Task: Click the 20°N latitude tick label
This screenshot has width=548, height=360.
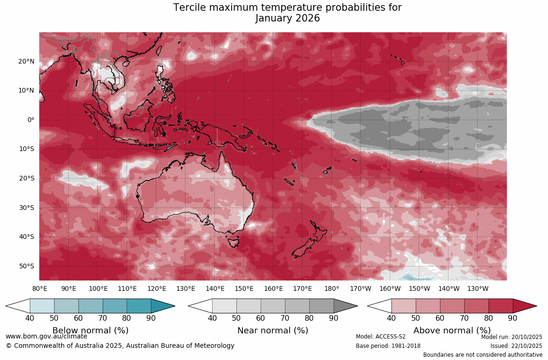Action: tap(27, 61)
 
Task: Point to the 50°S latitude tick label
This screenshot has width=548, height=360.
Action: tap(27, 266)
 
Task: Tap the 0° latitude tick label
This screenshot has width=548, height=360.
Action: tap(31, 120)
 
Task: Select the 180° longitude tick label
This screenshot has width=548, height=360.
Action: tap(332, 289)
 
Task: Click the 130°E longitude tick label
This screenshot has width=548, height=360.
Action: tap(185, 289)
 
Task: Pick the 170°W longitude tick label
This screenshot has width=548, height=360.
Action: tap(361, 289)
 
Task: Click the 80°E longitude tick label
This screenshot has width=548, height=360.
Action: tap(40, 289)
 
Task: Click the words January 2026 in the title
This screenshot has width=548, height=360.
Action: tap(287, 19)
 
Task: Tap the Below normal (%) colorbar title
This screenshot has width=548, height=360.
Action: tap(90, 331)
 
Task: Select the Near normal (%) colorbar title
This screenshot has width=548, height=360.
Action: tap(273, 331)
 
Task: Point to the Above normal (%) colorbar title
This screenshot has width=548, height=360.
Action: tap(452, 331)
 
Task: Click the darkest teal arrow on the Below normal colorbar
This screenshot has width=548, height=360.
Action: tap(162, 306)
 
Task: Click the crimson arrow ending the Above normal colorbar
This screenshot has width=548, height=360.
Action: tap(524, 306)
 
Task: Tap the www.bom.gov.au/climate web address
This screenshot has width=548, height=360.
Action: tap(46, 336)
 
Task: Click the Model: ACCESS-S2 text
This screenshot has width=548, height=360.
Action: tap(381, 337)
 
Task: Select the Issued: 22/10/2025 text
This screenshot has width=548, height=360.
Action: tap(516, 346)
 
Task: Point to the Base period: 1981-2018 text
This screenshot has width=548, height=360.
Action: tap(388, 346)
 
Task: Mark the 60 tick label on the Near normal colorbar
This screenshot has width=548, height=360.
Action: tap(261, 318)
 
